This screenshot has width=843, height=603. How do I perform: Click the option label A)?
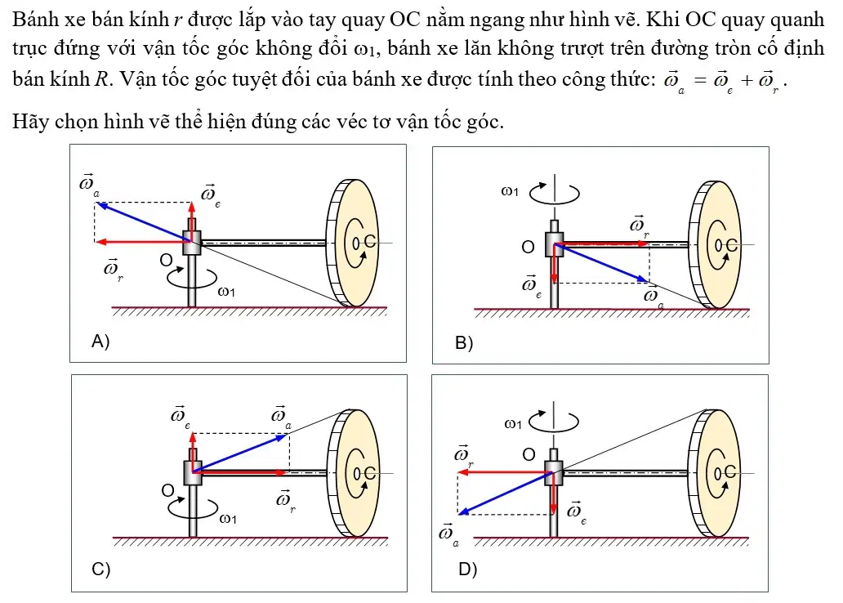100,341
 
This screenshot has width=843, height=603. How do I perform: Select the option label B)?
464,342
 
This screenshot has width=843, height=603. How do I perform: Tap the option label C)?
101,569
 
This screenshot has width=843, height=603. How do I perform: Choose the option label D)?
468,569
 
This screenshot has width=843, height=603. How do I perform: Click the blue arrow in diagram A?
144,222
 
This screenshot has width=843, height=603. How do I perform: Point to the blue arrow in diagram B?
600,262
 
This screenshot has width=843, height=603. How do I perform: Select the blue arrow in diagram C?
239,453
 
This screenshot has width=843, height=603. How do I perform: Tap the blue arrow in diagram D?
506,494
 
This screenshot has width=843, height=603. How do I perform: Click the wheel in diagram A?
352,243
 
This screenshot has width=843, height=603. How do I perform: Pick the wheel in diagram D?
715,473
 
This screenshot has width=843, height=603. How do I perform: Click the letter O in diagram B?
528,247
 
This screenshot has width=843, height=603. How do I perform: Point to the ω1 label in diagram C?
228,519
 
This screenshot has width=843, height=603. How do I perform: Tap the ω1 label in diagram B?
510,191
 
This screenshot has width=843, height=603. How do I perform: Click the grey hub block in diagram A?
192,243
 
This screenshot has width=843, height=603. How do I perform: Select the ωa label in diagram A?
89,184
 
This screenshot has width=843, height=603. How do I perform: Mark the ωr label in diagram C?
285,501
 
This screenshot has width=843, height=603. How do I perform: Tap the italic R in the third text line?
101,79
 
